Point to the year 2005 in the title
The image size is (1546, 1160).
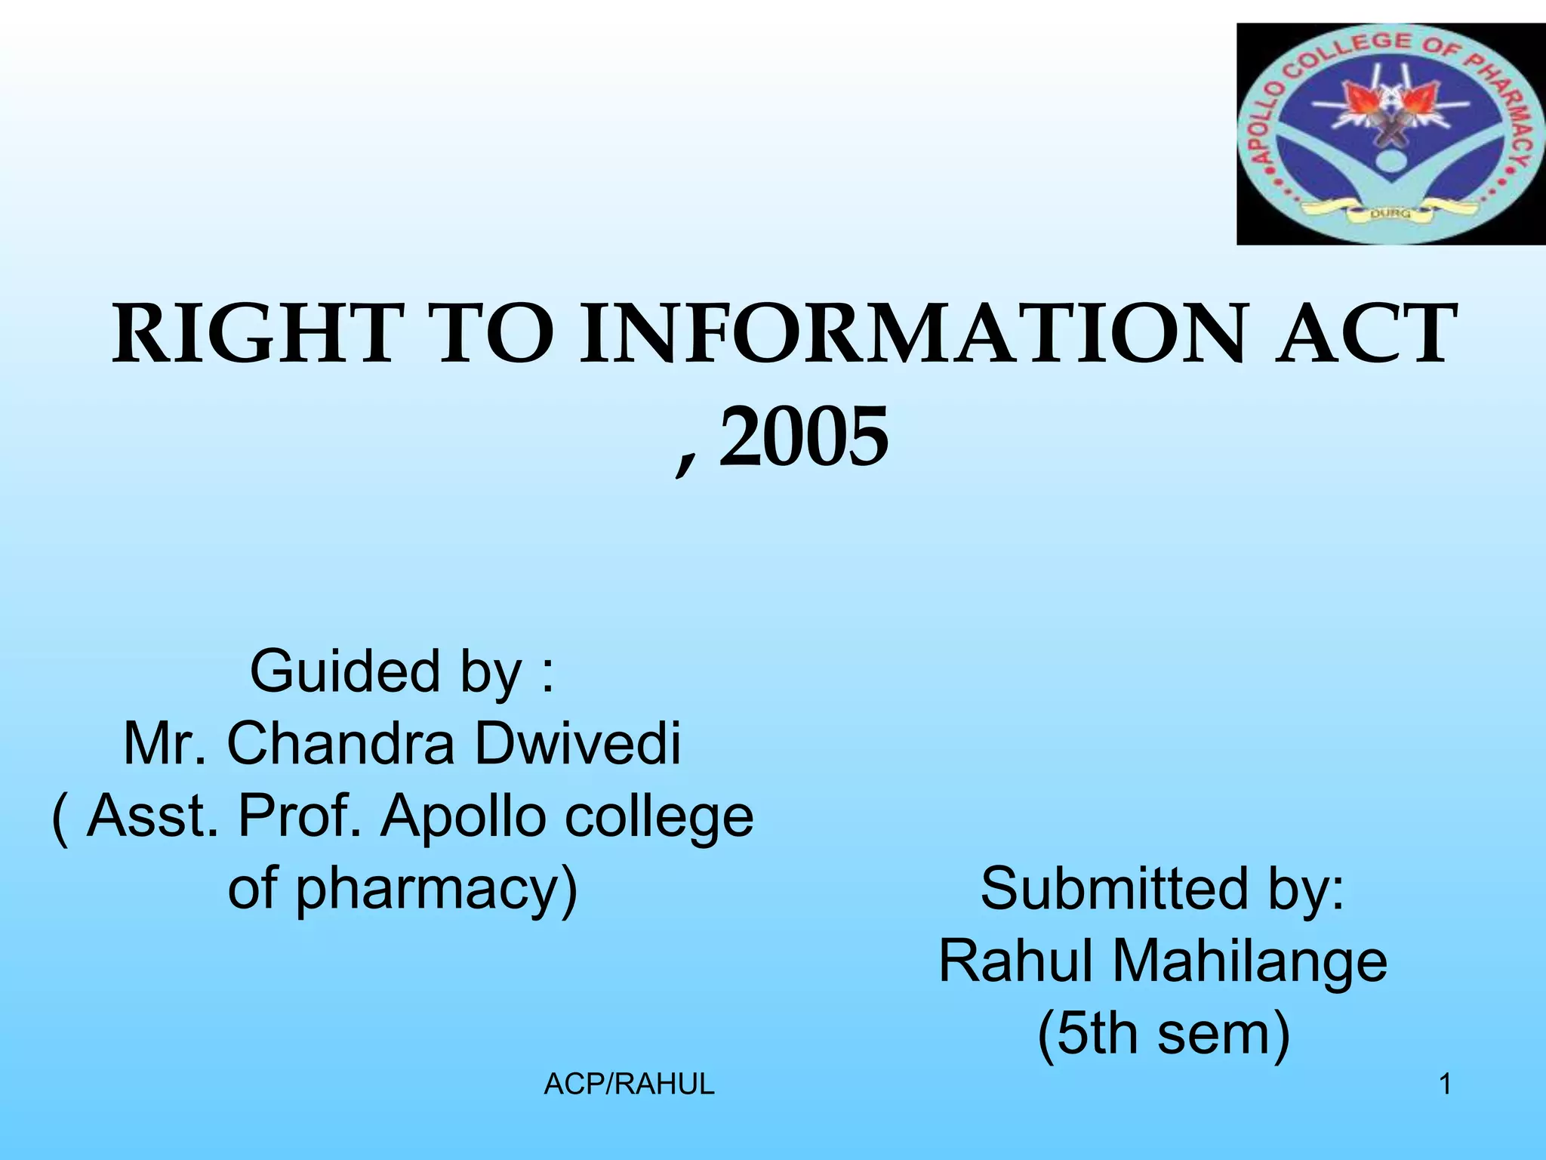pos(803,437)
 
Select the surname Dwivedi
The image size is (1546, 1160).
pos(577,744)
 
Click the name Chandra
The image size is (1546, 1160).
pos(340,744)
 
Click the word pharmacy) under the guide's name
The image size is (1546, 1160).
pos(436,889)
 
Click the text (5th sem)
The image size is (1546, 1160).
pos(1163,1034)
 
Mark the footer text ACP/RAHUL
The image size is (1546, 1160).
pos(629,1084)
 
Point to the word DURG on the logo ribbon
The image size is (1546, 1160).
pos(1390,214)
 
